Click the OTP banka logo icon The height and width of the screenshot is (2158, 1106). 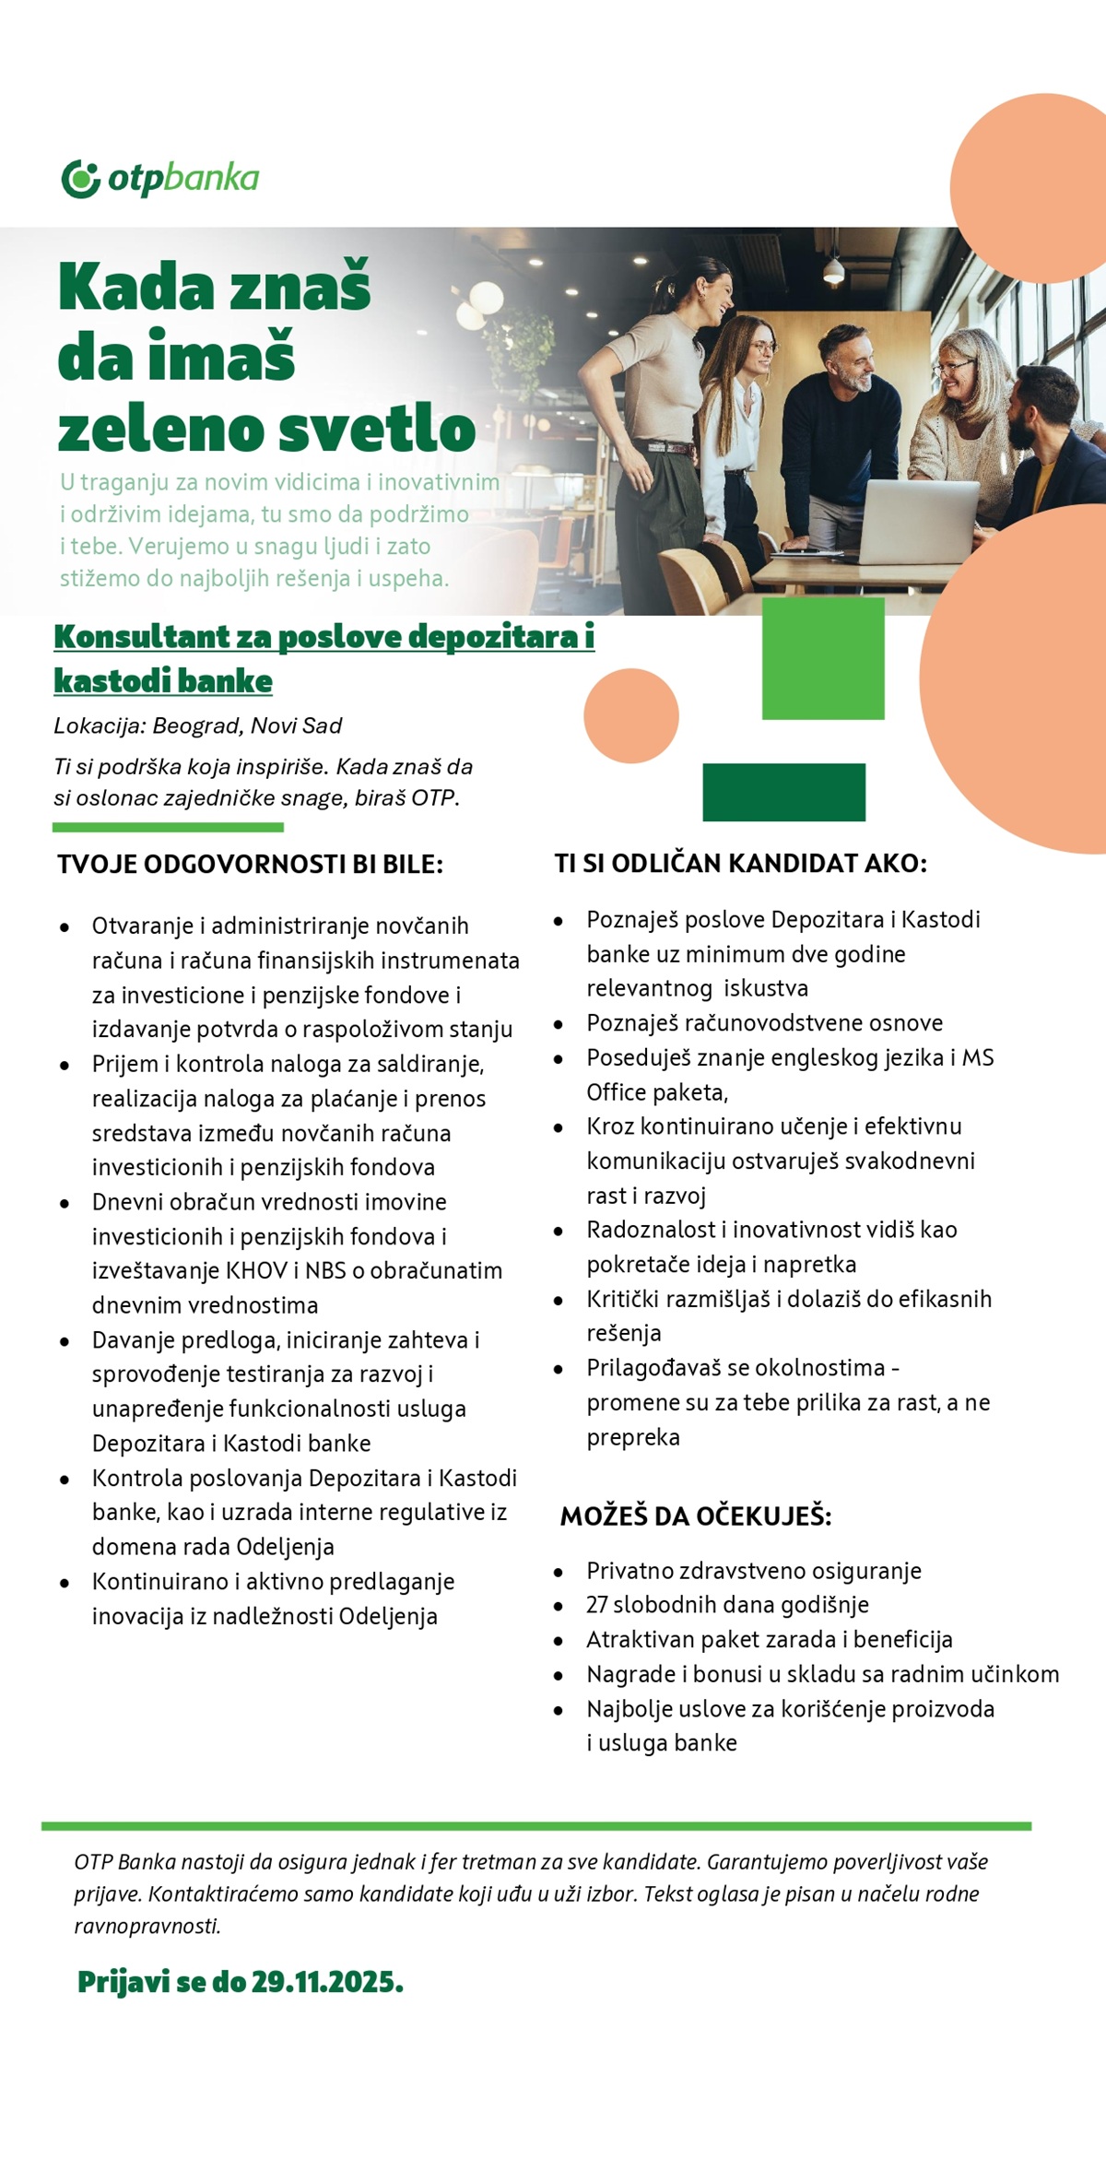click(80, 178)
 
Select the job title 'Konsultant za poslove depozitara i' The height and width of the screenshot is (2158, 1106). click(324, 636)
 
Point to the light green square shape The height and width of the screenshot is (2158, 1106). click(823, 658)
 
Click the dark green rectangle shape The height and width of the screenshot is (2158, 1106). click(783, 792)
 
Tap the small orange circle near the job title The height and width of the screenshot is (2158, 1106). click(631, 716)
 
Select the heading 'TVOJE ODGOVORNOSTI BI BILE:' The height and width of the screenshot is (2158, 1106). click(250, 864)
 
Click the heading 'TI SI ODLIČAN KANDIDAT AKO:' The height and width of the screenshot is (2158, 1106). click(740, 863)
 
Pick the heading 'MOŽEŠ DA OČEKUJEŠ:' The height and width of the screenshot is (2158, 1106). click(696, 1515)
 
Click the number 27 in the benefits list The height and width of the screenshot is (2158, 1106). click(596, 1605)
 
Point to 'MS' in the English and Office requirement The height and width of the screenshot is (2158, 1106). click(978, 1057)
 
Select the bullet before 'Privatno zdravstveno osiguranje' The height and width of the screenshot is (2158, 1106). click(559, 1572)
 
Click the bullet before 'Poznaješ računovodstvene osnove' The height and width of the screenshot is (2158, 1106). click(559, 1024)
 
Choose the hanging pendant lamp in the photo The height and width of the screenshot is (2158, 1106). click(833, 269)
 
